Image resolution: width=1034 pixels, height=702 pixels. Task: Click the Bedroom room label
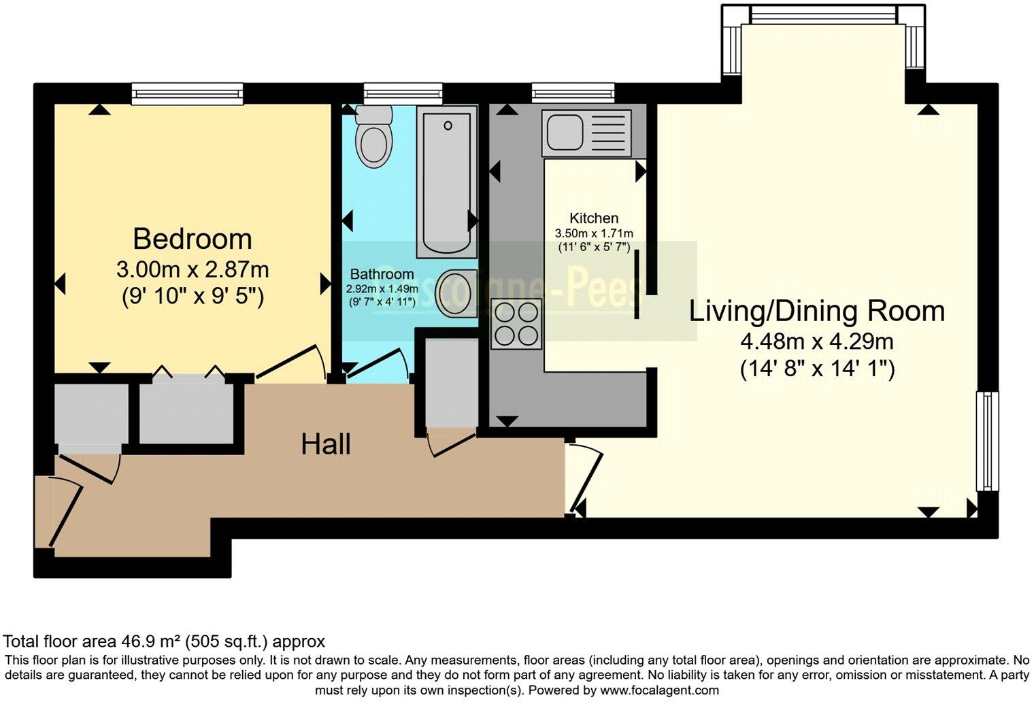pyautogui.click(x=193, y=239)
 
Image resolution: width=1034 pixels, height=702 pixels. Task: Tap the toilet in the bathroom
pyautogui.click(x=374, y=138)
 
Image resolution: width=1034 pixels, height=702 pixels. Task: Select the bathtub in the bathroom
pyautogui.click(x=447, y=184)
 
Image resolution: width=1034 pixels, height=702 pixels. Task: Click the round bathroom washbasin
pyautogui.click(x=456, y=293)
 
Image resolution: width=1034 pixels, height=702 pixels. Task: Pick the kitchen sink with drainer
pyautogui.click(x=587, y=132)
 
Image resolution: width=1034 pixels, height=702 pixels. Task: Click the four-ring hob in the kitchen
pyautogui.click(x=516, y=324)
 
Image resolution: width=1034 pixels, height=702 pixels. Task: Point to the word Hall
pyautogui.click(x=326, y=445)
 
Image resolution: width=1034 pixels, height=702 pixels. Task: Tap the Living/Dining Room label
pyautogui.click(x=817, y=312)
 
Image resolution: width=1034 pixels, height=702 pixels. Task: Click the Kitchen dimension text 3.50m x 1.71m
pyautogui.click(x=594, y=233)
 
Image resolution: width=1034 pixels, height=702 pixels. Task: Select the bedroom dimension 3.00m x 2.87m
pyautogui.click(x=193, y=270)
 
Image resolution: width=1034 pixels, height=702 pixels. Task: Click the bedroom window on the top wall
pyautogui.click(x=187, y=93)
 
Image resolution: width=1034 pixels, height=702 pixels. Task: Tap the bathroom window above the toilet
pyautogui.click(x=403, y=93)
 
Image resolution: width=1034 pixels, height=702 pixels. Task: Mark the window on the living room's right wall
pyautogui.click(x=988, y=441)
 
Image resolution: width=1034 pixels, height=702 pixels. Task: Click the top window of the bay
pyautogui.click(x=824, y=14)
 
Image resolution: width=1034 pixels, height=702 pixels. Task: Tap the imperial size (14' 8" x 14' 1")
pyautogui.click(x=817, y=369)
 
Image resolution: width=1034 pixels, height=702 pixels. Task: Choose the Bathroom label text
pyautogui.click(x=382, y=274)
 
